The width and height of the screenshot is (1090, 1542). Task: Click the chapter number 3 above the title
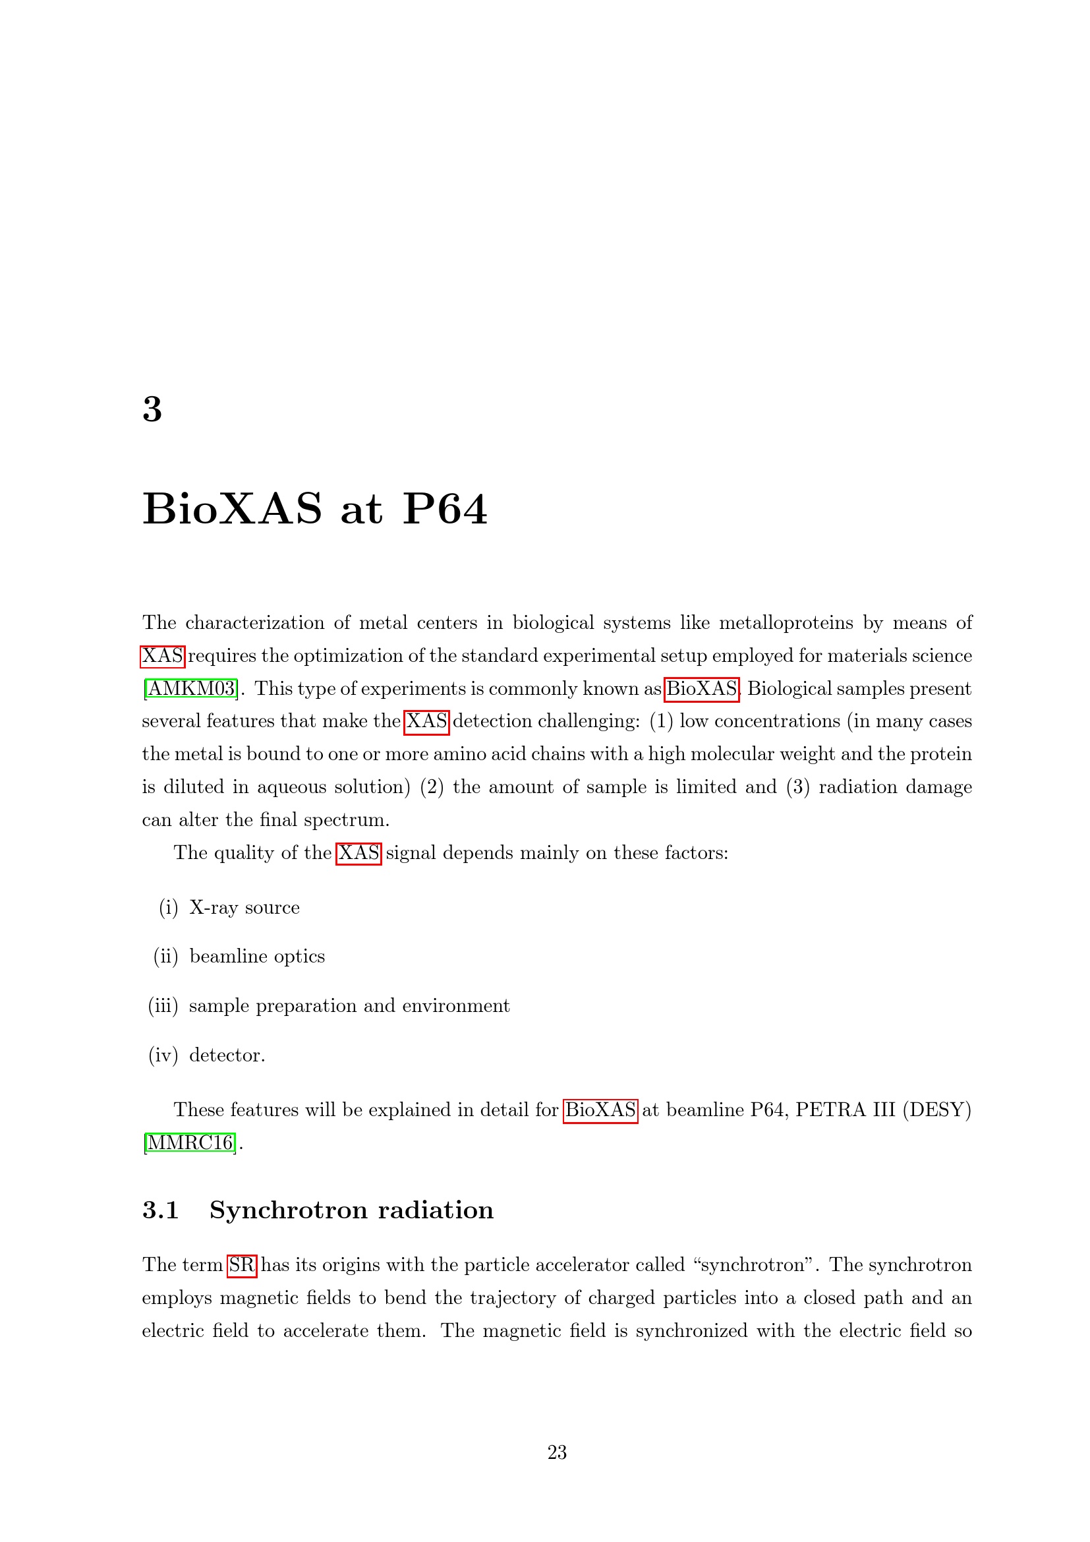pyautogui.click(x=152, y=409)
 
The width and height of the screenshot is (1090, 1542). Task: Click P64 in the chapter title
pyautogui.click(x=444, y=509)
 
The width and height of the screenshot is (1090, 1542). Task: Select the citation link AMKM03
pyautogui.click(x=190, y=688)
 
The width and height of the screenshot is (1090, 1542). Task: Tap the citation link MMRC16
pyautogui.click(x=190, y=1142)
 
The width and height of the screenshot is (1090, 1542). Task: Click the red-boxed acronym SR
pyautogui.click(x=242, y=1265)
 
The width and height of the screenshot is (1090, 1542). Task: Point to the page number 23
pyautogui.click(x=557, y=1453)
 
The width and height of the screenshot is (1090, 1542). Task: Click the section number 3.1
pyautogui.click(x=160, y=1210)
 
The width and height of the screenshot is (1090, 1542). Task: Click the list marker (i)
pyautogui.click(x=169, y=908)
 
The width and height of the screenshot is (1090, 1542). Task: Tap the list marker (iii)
pyautogui.click(x=163, y=1006)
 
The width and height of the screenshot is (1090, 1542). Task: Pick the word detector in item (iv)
pyautogui.click(x=225, y=1055)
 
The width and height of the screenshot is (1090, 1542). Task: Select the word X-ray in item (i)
pyautogui.click(x=214, y=908)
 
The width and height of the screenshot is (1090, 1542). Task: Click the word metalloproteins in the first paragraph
pyautogui.click(x=786, y=623)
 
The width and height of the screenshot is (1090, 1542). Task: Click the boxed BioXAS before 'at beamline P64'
pyautogui.click(x=600, y=1110)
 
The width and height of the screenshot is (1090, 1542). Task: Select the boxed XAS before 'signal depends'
pyautogui.click(x=359, y=853)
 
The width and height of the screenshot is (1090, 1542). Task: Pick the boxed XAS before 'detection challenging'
pyautogui.click(x=426, y=721)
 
